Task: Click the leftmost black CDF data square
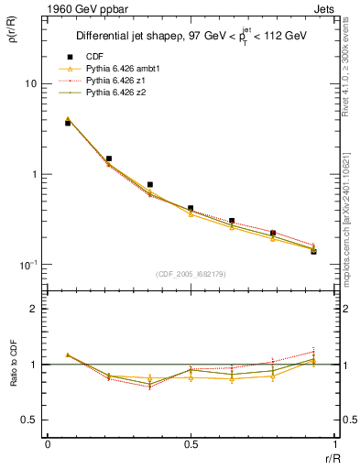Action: (x=68, y=123)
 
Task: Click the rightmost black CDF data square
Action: (x=313, y=250)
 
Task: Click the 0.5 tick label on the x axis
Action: (x=191, y=444)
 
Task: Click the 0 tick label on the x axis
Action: (x=48, y=444)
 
